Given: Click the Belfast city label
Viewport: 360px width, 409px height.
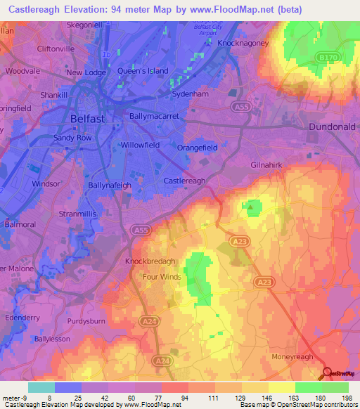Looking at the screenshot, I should point(88,119).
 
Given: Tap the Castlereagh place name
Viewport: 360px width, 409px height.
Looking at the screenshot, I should point(184,181).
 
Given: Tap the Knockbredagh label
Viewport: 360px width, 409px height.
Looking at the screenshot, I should point(150,261).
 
